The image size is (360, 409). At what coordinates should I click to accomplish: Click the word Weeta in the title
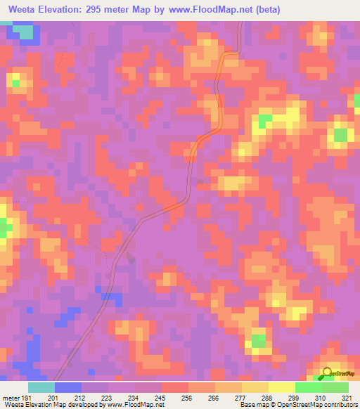coord(25,8)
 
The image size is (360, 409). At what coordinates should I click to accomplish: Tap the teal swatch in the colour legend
coord(41,387)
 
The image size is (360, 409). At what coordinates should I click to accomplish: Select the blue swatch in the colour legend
coord(68,387)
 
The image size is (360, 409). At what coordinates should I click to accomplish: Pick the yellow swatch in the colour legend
coord(281,387)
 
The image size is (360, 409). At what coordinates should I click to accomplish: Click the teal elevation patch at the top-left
coord(25,32)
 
